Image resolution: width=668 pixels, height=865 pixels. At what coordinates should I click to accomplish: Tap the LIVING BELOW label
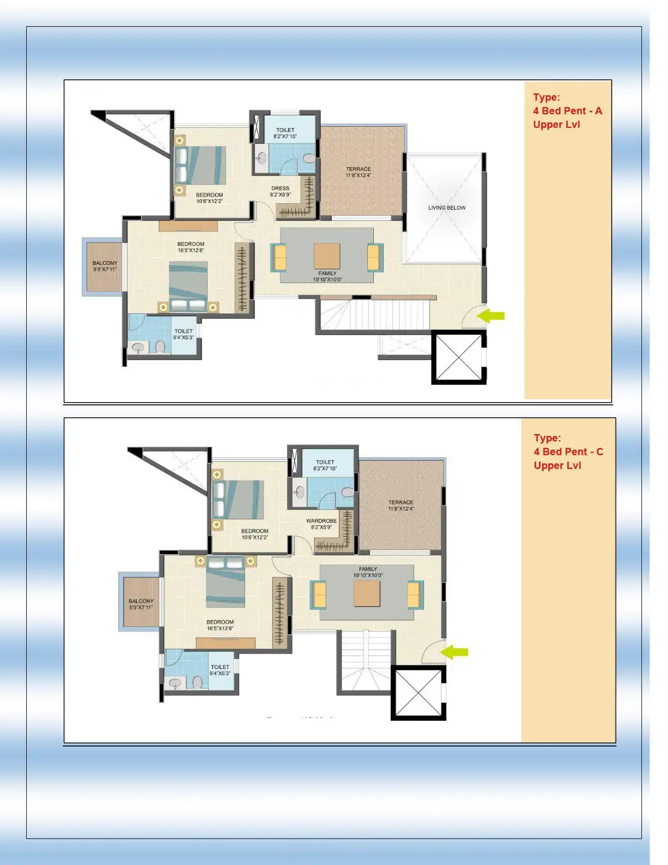tap(446, 208)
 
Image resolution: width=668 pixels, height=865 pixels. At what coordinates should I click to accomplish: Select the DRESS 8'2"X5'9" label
tap(280, 191)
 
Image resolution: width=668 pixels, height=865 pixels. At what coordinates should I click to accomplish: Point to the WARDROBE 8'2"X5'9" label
tap(321, 524)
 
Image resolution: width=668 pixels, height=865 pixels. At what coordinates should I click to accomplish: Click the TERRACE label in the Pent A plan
tap(358, 172)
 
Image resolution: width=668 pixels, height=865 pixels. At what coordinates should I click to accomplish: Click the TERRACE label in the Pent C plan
tap(401, 505)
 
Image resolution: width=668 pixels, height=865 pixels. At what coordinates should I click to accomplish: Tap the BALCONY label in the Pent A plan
tap(105, 266)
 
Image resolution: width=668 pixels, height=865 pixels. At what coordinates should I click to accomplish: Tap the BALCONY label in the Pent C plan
tap(141, 604)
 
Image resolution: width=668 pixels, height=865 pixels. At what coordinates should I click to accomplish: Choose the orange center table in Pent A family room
tap(327, 256)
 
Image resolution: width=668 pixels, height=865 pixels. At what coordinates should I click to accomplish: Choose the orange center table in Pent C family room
tap(367, 594)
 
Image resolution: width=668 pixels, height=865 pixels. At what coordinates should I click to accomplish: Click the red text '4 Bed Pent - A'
tap(567, 111)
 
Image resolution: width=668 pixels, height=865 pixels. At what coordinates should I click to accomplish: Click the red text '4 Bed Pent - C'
tap(568, 452)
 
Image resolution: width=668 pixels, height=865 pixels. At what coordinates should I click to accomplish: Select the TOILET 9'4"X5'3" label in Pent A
tap(183, 334)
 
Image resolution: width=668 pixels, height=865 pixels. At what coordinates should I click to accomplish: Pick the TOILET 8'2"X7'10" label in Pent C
tap(325, 465)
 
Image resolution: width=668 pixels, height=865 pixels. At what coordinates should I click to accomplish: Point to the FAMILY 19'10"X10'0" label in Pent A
tap(327, 276)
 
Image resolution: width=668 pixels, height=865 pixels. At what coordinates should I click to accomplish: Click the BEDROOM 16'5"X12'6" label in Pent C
tap(220, 625)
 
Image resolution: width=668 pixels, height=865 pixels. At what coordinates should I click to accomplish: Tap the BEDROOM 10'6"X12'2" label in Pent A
tap(210, 198)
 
